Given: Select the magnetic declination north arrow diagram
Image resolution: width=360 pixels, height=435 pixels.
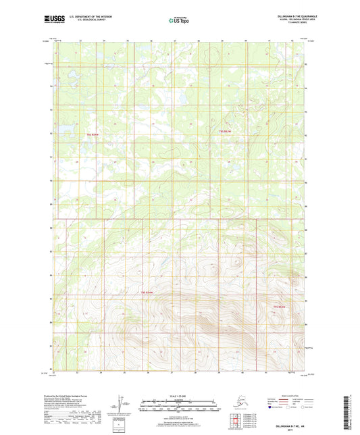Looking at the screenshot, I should point(122,403).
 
